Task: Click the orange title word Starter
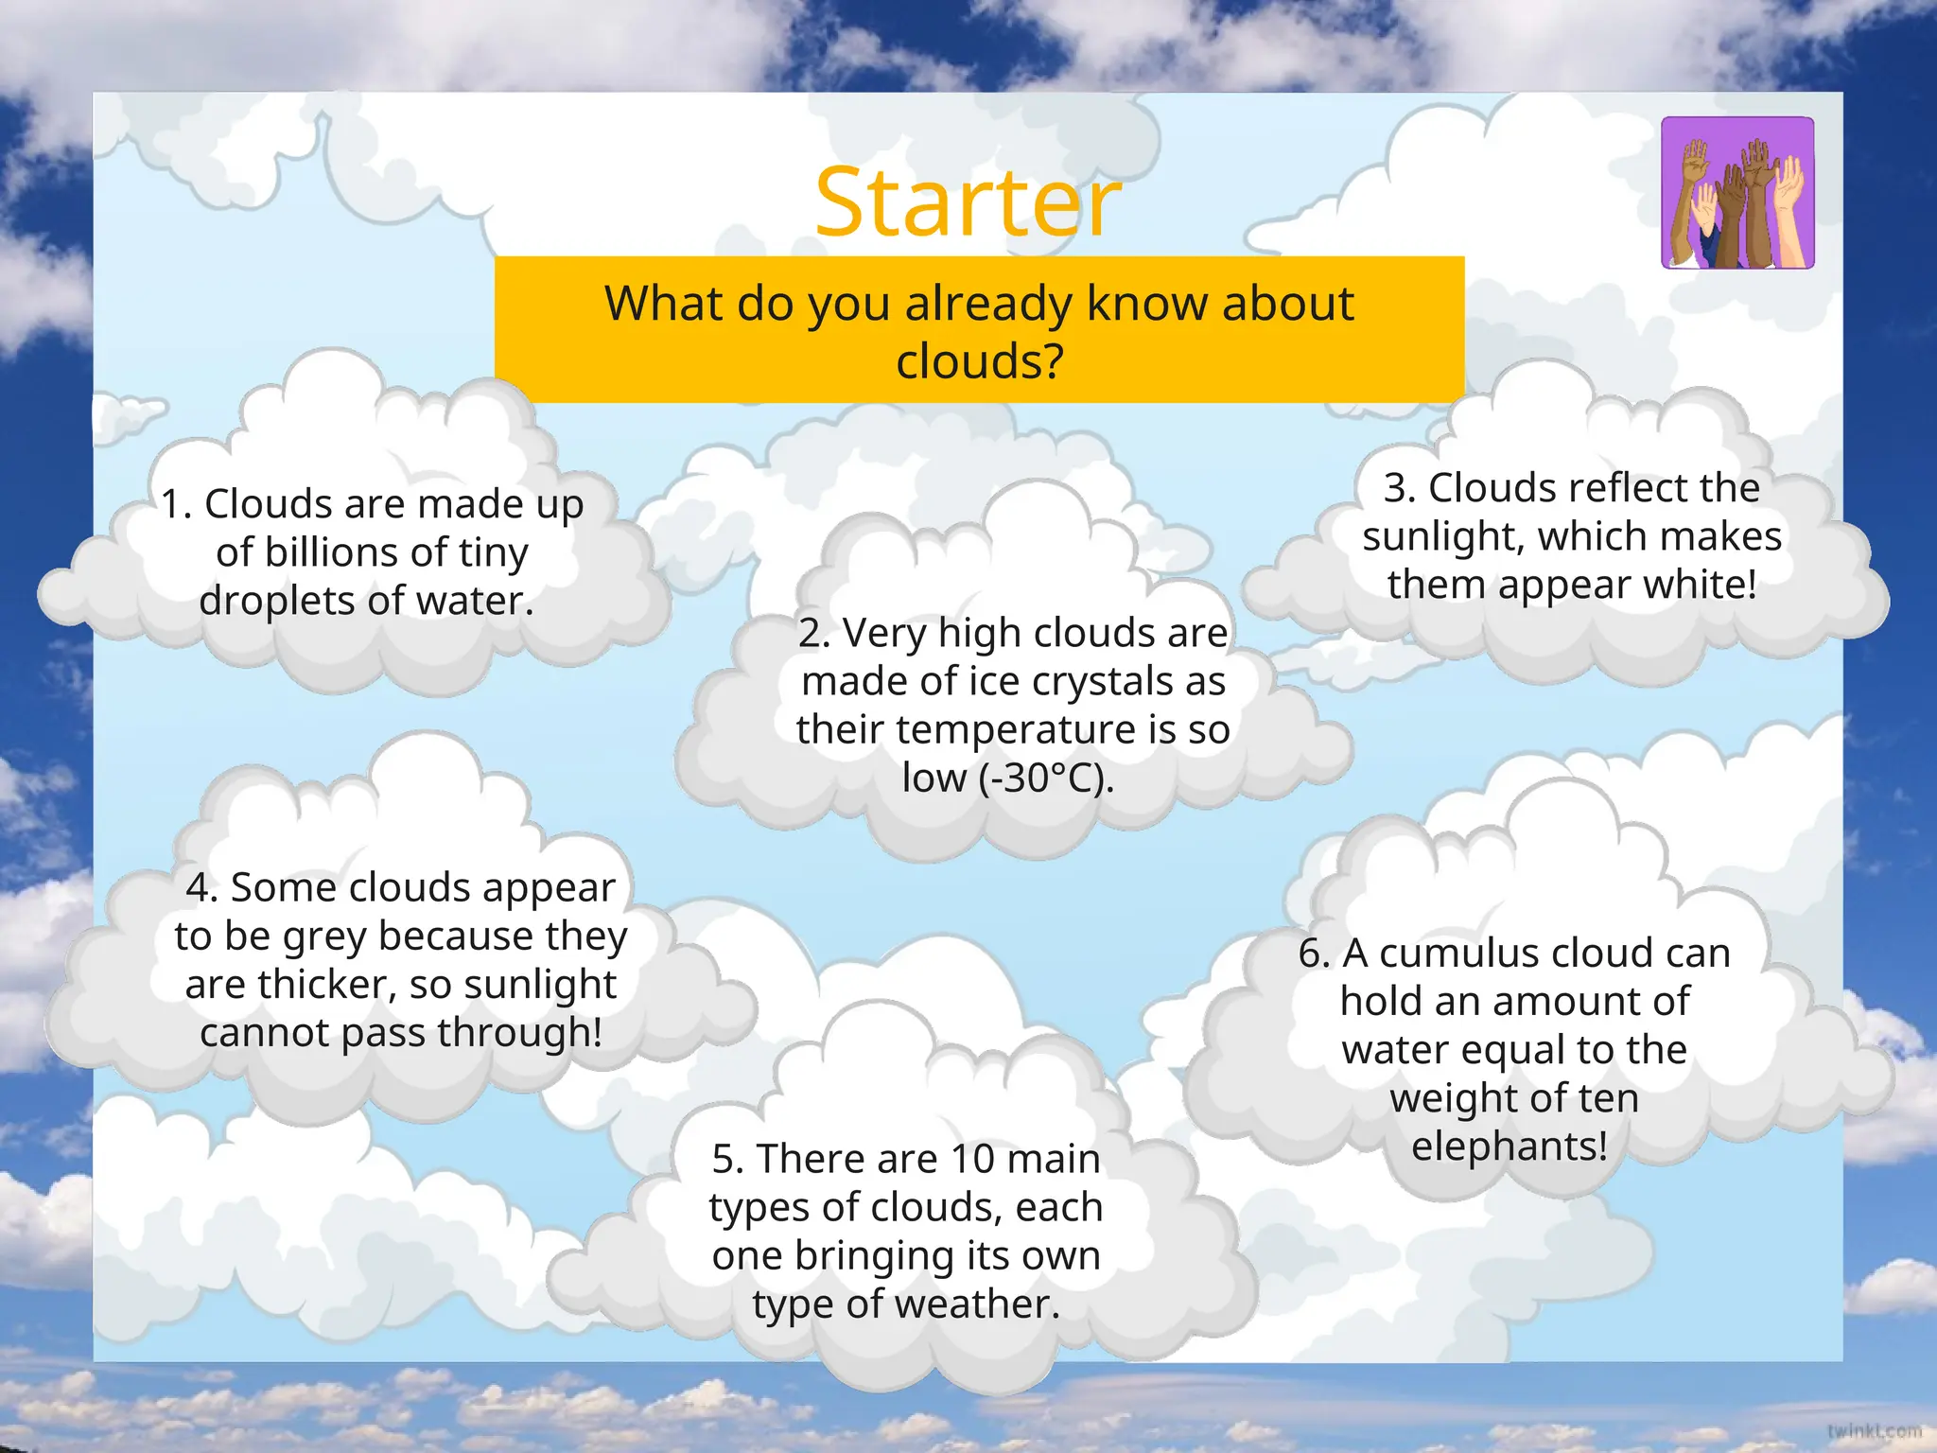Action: pos(968,202)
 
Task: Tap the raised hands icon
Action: pos(1737,193)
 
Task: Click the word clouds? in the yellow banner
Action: pos(980,361)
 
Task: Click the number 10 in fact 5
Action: pos(974,1159)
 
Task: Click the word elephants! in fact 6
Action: pos(1509,1147)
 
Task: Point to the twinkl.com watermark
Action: pos(1874,1430)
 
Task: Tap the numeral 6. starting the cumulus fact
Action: pos(1315,954)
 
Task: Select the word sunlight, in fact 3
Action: pos(1443,536)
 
